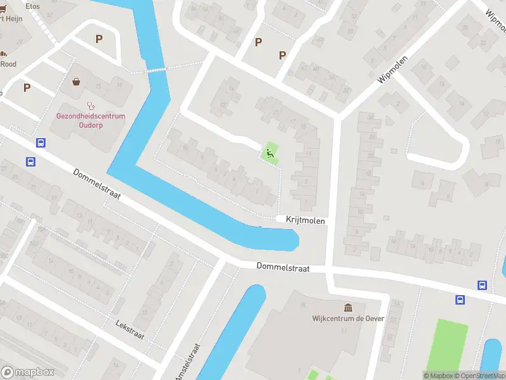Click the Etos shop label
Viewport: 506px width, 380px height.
coord(32,5)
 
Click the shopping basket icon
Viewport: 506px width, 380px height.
coord(77,82)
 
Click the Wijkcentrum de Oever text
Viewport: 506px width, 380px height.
coord(348,319)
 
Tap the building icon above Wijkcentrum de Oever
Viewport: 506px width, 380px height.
coord(348,307)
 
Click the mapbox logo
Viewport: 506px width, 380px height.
coord(27,372)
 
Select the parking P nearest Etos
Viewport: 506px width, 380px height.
coord(99,39)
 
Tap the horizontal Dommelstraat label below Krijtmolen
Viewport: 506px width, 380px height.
coord(283,268)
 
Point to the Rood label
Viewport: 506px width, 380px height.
coord(8,63)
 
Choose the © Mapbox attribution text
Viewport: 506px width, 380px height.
coord(440,376)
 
